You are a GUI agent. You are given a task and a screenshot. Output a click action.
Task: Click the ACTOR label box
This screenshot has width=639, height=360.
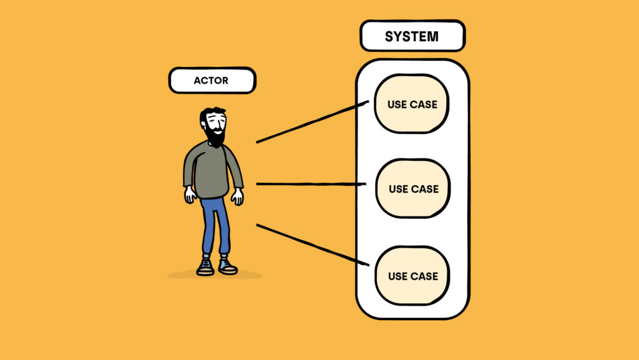click(x=212, y=80)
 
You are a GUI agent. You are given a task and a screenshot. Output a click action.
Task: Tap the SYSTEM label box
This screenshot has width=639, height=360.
click(x=412, y=36)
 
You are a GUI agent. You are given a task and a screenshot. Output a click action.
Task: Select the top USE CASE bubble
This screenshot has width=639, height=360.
click(x=412, y=104)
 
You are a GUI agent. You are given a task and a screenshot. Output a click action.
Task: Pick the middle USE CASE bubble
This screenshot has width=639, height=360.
click(x=412, y=188)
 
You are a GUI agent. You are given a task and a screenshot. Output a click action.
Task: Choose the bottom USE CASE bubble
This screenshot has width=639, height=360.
click(x=412, y=276)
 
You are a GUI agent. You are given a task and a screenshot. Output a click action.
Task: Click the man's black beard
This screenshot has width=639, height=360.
click(x=215, y=137)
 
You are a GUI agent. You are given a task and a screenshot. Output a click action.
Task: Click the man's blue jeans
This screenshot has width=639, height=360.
click(x=215, y=225)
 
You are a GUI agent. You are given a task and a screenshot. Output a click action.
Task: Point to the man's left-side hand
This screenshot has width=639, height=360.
click(x=190, y=195)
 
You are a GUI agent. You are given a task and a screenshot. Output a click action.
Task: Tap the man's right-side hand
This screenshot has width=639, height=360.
click(x=237, y=197)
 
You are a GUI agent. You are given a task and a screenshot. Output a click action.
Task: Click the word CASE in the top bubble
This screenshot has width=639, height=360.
click(x=424, y=104)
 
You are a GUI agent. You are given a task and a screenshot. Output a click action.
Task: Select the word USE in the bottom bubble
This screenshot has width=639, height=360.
click(x=398, y=276)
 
